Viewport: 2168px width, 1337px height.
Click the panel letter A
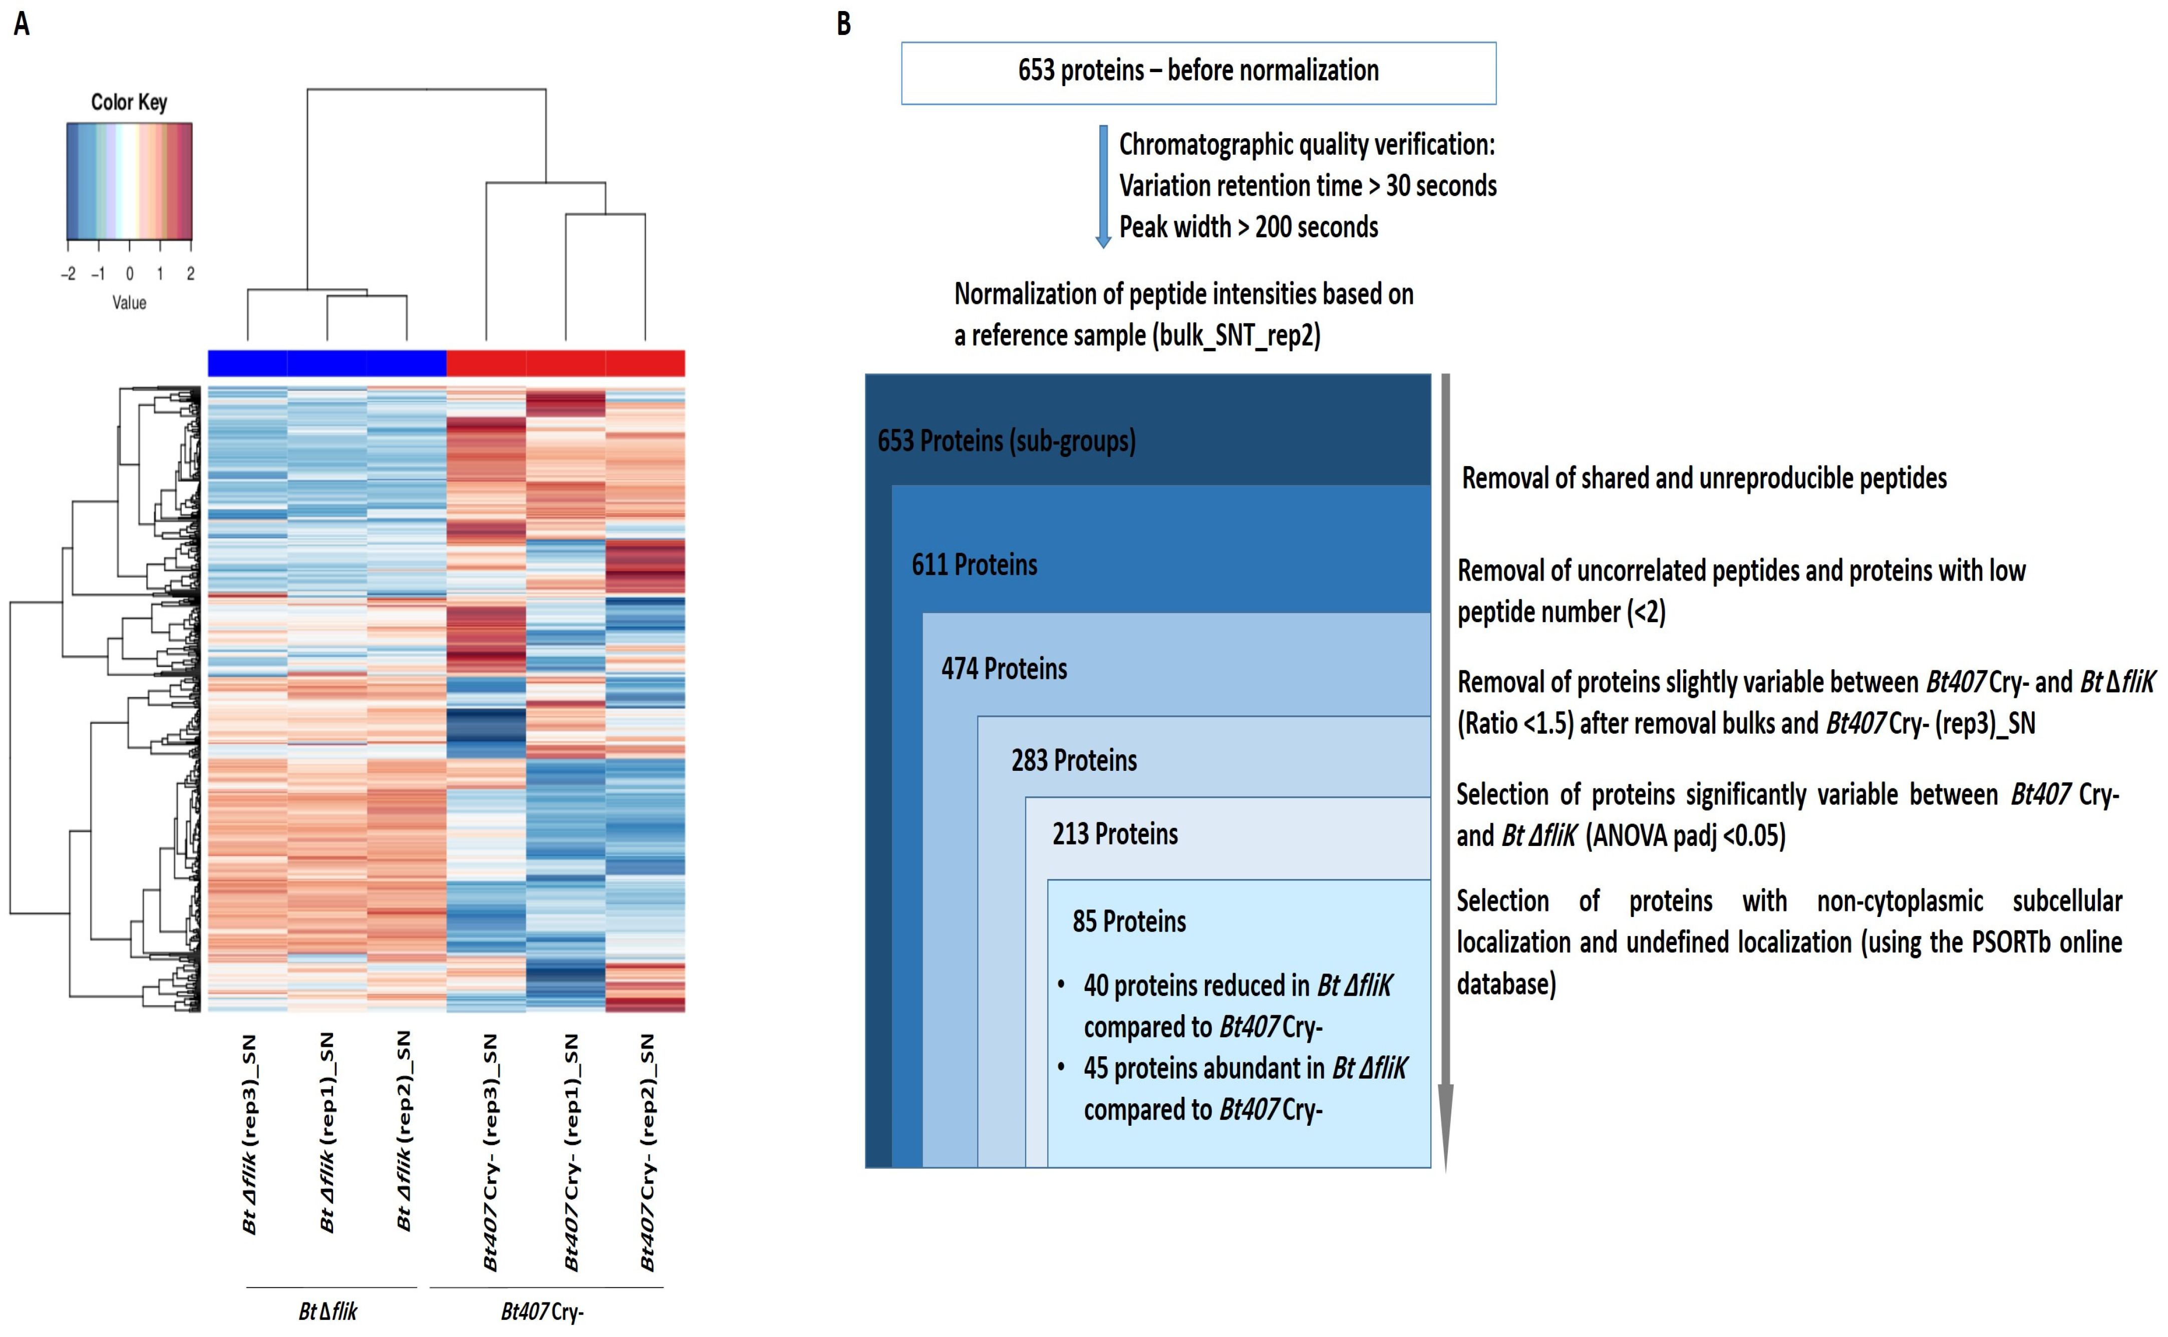(22, 24)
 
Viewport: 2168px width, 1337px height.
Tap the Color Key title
(129, 102)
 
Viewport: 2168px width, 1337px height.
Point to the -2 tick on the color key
(68, 273)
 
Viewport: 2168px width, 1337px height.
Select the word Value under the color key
(129, 302)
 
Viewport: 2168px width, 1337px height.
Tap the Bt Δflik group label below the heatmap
(328, 1311)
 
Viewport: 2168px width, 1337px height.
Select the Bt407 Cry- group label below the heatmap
(542, 1311)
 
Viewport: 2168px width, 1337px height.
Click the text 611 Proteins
(974, 564)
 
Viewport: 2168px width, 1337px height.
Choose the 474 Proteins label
(1004, 669)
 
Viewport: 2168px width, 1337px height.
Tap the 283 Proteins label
(1074, 760)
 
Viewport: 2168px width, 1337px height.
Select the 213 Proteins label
(1114, 834)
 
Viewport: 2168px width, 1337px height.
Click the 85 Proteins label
(1129, 922)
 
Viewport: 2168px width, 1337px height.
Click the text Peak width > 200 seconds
(1248, 227)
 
